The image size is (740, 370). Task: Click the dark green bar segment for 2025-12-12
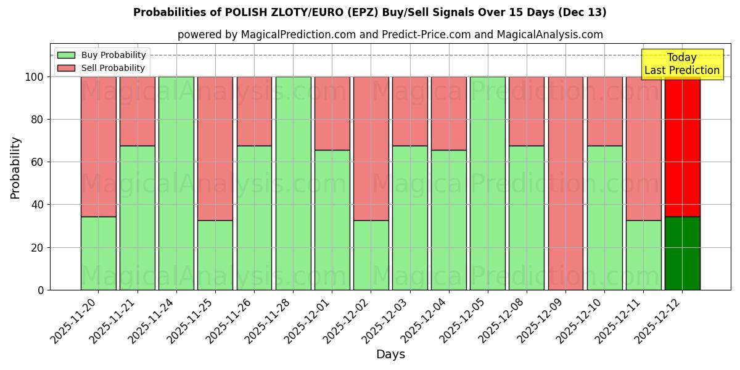point(682,253)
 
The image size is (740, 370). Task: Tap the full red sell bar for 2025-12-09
point(565,183)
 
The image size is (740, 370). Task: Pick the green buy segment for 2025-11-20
point(98,253)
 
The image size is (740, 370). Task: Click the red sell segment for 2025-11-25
point(215,148)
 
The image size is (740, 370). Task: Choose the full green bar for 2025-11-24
point(176,183)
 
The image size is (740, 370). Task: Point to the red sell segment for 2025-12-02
point(371,148)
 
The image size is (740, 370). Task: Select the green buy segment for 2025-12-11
point(643,255)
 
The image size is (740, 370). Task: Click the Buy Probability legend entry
point(102,55)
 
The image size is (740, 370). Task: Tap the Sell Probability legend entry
point(102,68)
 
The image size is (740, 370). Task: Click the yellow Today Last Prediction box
point(682,64)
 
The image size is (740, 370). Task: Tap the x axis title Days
point(390,355)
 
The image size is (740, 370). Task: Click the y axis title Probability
point(15,168)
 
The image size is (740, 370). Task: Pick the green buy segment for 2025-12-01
point(332,220)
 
